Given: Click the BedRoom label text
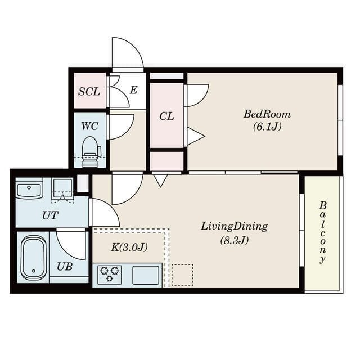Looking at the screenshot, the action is click(x=267, y=114).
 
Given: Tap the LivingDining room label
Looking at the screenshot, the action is click(x=235, y=227).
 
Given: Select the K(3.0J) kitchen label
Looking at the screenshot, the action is click(x=129, y=247).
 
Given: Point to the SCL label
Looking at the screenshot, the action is click(x=89, y=92).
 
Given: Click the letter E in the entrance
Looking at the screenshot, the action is click(x=134, y=90).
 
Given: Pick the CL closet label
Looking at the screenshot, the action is click(x=166, y=116).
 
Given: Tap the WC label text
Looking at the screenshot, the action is click(x=90, y=126).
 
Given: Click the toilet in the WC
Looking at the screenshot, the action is click(x=91, y=151).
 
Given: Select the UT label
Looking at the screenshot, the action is click(x=50, y=215).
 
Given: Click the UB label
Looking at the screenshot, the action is click(x=65, y=267).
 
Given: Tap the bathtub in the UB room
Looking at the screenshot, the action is click(x=34, y=258).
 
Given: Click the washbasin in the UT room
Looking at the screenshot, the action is click(x=29, y=188).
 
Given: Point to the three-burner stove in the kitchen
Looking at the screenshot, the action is click(x=110, y=274).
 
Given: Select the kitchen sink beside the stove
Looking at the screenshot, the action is click(x=146, y=275).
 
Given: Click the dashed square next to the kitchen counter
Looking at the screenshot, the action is click(x=182, y=275).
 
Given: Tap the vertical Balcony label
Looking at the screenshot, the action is click(x=322, y=232).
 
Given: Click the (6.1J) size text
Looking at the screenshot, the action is click(x=267, y=127).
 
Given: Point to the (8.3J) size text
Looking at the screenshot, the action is click(x=235, y=240).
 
